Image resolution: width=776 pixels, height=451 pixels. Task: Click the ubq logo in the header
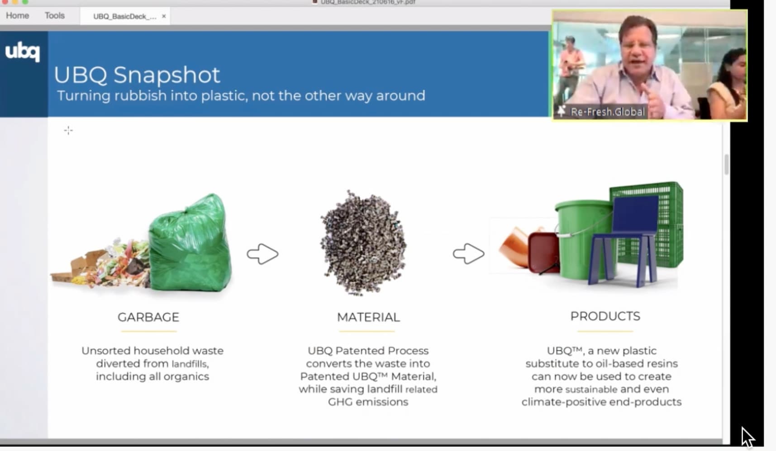click(x=22, y=52)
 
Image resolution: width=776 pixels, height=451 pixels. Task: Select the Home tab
click(x=18, y=15)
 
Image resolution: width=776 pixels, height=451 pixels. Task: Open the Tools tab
click(x=55, y=15)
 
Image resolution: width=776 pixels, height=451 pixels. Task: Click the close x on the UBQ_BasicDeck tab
click(x=164, y=16)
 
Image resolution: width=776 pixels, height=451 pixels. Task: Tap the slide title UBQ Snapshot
click(x=137, y=75)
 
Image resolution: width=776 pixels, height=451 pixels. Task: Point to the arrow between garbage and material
click(x=262, y=254)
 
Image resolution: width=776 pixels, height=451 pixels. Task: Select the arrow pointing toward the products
click(x=469, y=254)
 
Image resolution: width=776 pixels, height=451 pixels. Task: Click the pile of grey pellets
click(x=363, y=243)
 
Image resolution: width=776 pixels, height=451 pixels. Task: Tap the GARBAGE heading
click(x=148, y=317)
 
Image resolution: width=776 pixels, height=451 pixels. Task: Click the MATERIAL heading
click(x=368, y=317)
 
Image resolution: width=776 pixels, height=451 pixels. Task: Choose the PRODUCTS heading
click(x=605, y=316)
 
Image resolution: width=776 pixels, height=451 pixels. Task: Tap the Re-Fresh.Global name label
click(x=608, y=112)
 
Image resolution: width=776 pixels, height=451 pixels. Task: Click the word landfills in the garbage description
click(x=190, y=364)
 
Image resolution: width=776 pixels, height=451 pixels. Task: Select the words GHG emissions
click(x=368, y=402)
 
